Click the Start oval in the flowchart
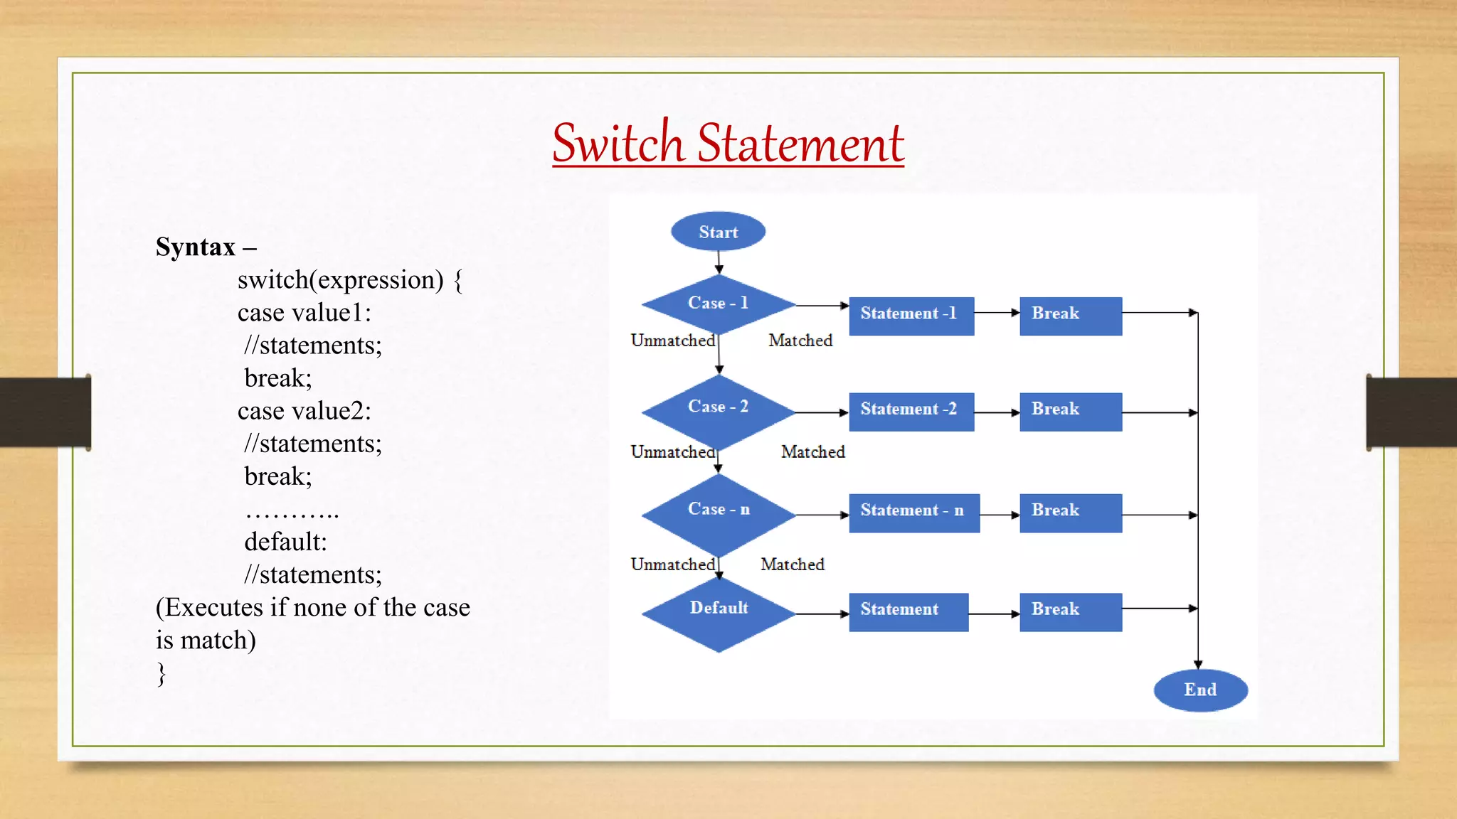tap(718, 232)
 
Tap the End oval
tap(1200, 690)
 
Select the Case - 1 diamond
tap(718, 304)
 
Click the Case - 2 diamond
tap(718, 410)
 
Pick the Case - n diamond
tap(718, 513)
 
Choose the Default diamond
tap(718, 612)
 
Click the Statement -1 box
tap(911, 315)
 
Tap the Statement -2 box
tap(911, 411)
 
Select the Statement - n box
tap(913, 512)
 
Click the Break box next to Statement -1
tap(1070, 315)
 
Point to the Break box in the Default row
tap(1070, 611)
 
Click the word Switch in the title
tap(618, 144)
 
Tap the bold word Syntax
tap(196, 247)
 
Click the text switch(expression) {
tap(349, 280)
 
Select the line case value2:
tap(304, 411)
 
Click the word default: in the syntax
tap(285, 542)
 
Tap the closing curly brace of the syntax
tap(161, 673)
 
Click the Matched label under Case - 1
tap(800, 341)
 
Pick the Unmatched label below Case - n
tap(672, 564)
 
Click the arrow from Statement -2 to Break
tap(997, 412)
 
